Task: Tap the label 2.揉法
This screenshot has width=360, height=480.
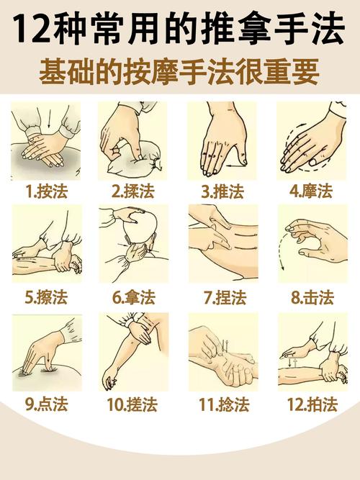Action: (134, 191)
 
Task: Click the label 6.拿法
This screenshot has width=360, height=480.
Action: (134, 296)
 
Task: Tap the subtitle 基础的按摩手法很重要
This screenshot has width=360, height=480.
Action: (180, 73)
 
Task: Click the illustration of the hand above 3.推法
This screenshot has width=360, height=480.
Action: (222, 140)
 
